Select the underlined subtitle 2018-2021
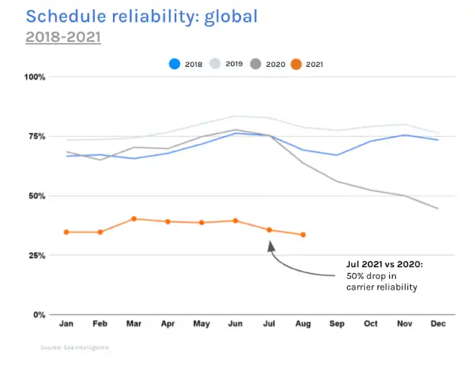tap(63, 37)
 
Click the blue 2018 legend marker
tap(174, 64)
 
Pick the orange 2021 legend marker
tap(295, 64)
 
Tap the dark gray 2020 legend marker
tap(255, 64)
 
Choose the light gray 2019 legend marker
tap(214, 64)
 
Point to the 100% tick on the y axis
tap(35, 77)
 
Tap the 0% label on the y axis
tap(40, 316)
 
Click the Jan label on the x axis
tap(66, 324)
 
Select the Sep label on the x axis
tap(337, 324)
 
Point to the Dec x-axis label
tap(438, 324)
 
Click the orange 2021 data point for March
tap(134, 219)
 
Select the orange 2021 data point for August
tap(303, 235)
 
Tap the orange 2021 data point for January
tap(66, 232)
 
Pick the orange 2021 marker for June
tap(235, 220)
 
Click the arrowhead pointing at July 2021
tap(271, 246)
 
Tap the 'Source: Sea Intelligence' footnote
tap(75, 347)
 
